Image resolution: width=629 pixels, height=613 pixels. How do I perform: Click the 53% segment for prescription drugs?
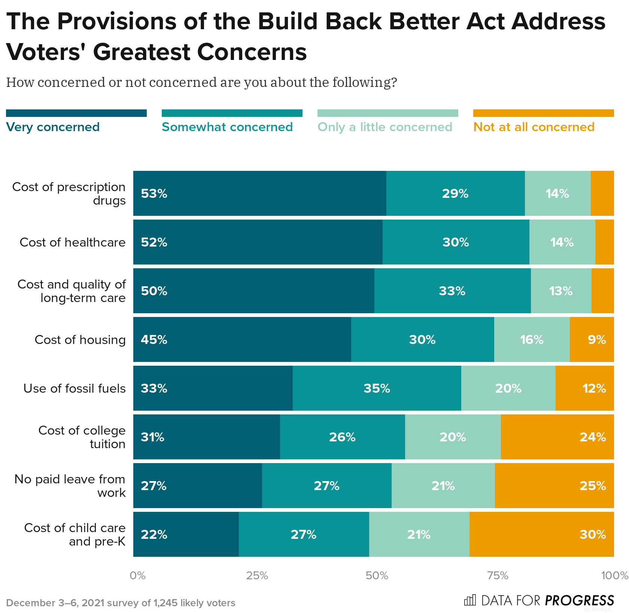pyautogui.click(x=259, y=193)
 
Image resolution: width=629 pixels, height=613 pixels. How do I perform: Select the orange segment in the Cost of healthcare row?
pyautogui.click(x=604, y=242)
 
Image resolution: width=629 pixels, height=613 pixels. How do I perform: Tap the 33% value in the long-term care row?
pyautogui.click(x=452, y=291)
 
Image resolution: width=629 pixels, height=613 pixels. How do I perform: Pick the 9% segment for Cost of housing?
pyautogui.click(x=592, y=339)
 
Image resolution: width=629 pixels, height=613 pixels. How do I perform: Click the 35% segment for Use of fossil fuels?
pyautogui.click(x=377, y=388)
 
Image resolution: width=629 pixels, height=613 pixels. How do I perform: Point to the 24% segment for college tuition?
pyautogui.click(x=557, y=437)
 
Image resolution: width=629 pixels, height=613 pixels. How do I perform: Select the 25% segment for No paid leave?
pyautogui.click(x=554, y=486)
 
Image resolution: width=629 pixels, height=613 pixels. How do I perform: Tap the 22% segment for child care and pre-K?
pyautogui.click(x=186, y=534)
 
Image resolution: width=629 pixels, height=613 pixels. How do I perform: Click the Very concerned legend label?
pyautogui.click(x=53, y=127)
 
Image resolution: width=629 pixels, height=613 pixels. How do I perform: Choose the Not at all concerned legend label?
pyautogui.click(x=534, y=127)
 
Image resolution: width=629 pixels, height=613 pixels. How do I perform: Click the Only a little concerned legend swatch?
pyautogui.click(x=388, y=113)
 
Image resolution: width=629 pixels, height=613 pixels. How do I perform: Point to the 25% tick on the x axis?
pyautogui.click(x=257, y=576)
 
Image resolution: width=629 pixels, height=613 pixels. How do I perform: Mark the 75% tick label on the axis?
pyautogui.click(x=497, y=576)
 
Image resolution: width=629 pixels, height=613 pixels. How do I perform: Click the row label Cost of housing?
pyautogui.click(x=80, y=339)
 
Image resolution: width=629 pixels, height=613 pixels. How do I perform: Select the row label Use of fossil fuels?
pyautogui.click(x=75, y=388)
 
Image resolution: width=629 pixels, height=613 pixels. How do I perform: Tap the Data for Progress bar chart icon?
pyautogui.click(x=470, y=600)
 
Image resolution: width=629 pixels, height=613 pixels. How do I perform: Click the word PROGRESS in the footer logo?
pyautogui.click(x=579, y=600)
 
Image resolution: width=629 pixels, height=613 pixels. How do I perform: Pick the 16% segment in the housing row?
pyautogui.click(x=532, y=339)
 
